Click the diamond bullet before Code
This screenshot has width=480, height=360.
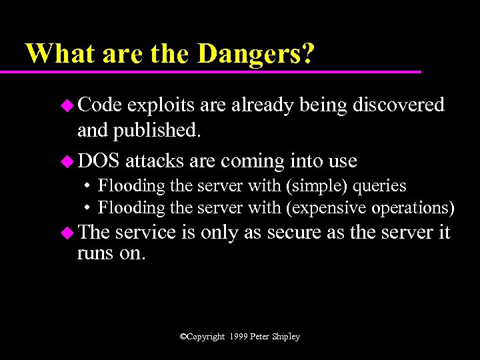pos(67,105)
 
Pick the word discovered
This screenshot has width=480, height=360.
pos(399,105)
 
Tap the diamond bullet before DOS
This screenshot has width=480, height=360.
pos(67,161)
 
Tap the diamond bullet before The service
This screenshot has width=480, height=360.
pos(67,233)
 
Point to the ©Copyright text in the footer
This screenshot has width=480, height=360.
pos(203,337)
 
